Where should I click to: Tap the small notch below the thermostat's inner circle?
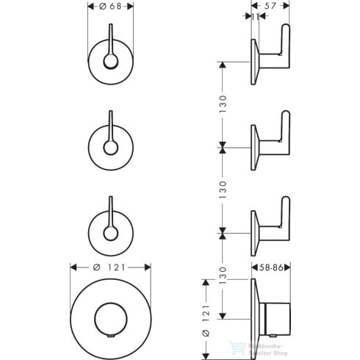pyautogui.click(x=110, y=338)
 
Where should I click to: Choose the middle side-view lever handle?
pyautogui.click(x=283, y=132)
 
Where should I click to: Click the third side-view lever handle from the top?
pyautogui.click(x=283, y=219)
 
